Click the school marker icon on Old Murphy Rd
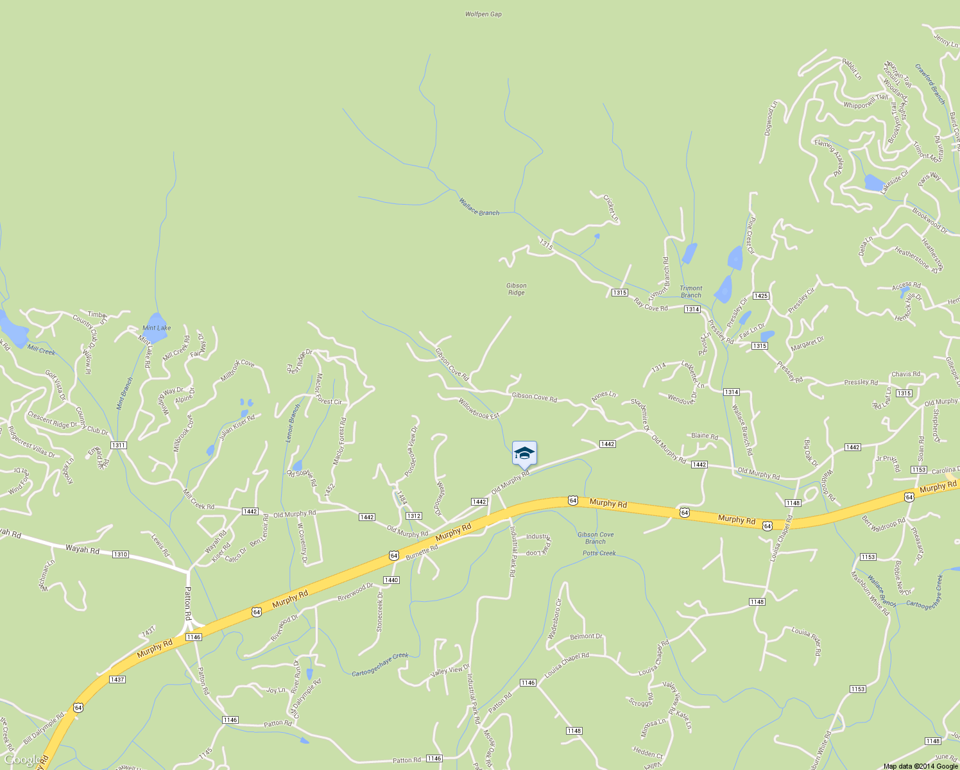[x=524, y=453]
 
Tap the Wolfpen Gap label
[x=483, y=14]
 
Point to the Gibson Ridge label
[x=516, y=289]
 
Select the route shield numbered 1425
[x=761, y=296]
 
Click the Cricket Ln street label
[x=610, y=208]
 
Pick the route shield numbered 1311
[x=118, y=445]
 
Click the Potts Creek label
[x=599, y=553]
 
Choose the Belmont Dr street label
[x=587, y=637]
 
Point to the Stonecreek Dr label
[x=379, y=612]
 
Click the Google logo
[x=22, y=760]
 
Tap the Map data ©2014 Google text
[x=920, y=766]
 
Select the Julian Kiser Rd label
[x=237, y=427]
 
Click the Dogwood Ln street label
[x=771, y=117]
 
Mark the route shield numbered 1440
[x=391, y=580]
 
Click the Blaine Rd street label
[x=705, y=436]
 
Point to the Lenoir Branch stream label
[x=293, y=424]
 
